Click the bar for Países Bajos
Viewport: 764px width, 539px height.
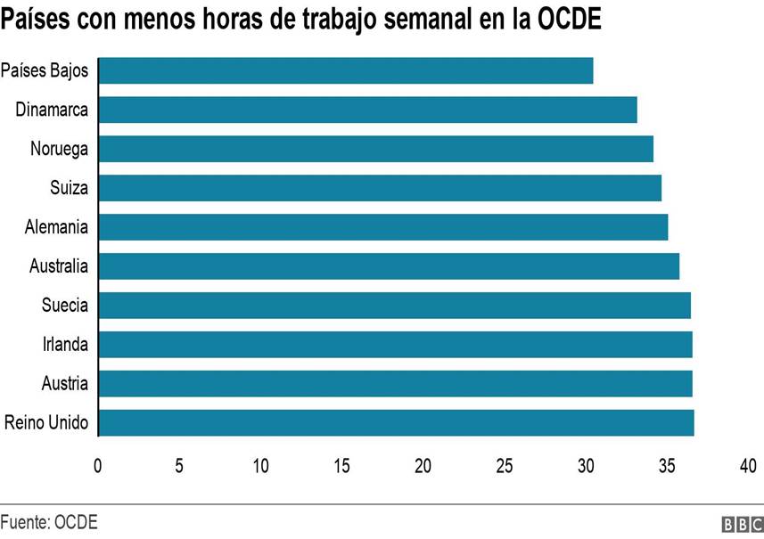tap(345, 70)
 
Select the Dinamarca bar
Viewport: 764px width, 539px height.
tap(367, 110)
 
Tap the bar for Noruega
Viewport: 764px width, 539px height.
tap(375, 149)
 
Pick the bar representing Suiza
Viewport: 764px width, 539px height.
tap(379, 188)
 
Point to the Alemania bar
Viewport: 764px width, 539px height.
tap(382, 227)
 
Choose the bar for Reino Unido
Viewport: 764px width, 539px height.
tap(396, 422)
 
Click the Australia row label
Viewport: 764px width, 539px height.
tap(59, 266)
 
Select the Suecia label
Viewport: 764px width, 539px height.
tap(65, 306)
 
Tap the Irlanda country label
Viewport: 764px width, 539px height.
tap(66, 344)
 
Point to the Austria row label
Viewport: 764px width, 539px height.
tap(65, 383)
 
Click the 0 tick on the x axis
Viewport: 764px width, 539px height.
tap(98, 465)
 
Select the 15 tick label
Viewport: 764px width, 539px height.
tap(341, 465)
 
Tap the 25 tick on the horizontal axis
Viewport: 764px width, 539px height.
tap(505, 465)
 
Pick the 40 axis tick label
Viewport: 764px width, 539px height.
tap(748, 465)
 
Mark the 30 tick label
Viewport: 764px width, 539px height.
tap(586, 465)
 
